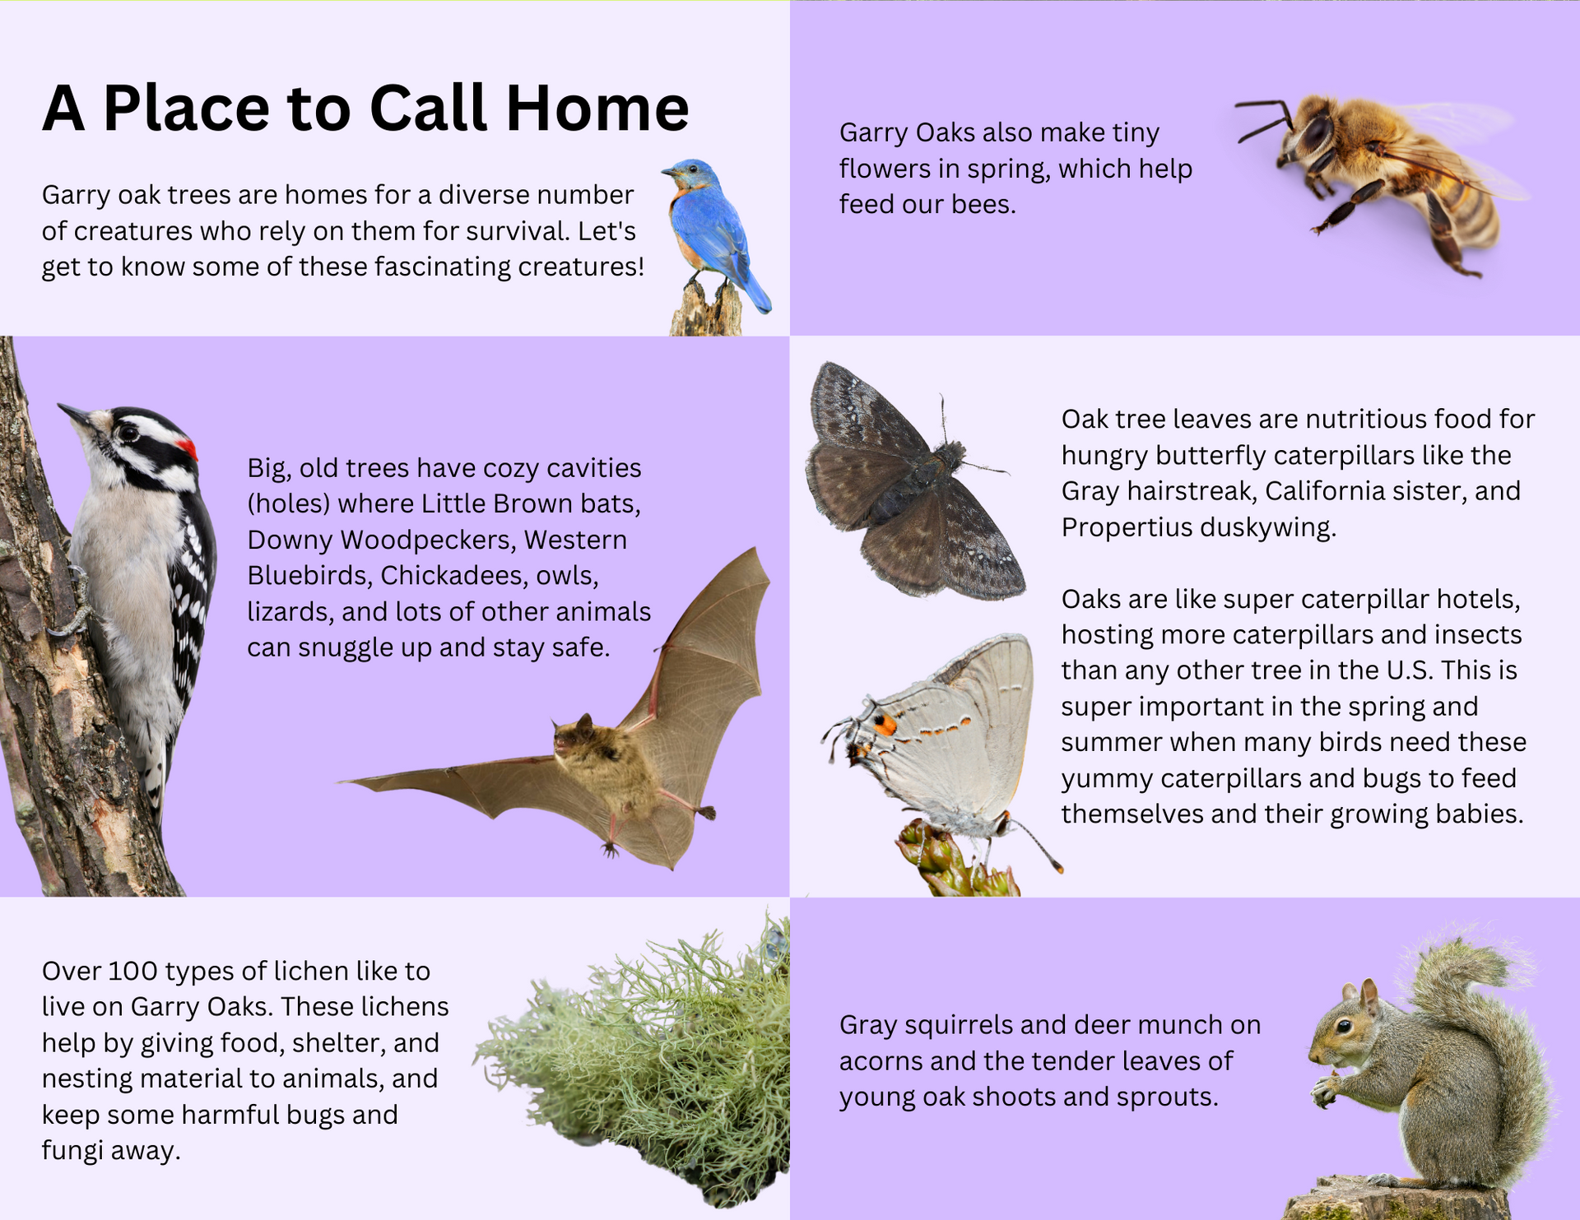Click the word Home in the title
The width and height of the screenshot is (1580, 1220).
point(597,108)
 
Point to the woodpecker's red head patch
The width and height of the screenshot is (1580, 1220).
point(188,449)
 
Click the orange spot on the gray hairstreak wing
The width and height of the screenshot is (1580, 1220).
point(885,725)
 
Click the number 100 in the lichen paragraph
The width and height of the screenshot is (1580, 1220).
point(132,972)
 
